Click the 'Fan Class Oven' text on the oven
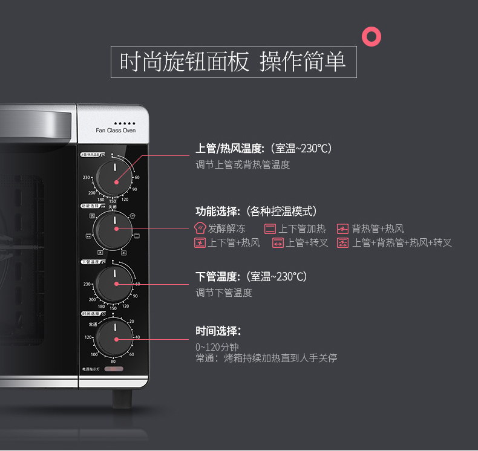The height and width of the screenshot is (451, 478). (x=116, y=131)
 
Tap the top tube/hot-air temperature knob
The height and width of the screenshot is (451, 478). (x=113, y=177)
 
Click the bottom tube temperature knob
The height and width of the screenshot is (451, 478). (x=113, y=284)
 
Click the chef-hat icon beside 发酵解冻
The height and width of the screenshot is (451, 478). (x=200, y=229)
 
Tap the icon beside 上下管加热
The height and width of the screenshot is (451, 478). (x=270, y=229)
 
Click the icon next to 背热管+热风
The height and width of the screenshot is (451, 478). (x=342, y=229)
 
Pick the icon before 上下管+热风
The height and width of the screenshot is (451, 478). (x=200, y=243)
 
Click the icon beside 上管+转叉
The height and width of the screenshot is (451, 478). (x=278, y=243)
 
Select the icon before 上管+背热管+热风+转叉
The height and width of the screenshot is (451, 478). (x=343, y=243)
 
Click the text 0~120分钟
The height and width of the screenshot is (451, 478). (x=217, y=347)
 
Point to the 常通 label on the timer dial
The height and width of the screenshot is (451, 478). (x=93, y=325)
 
